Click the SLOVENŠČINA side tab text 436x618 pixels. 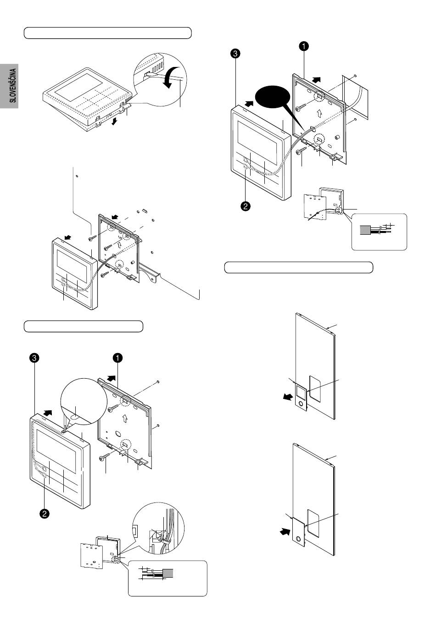coord(13,86)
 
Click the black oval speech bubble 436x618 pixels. coord(273,98)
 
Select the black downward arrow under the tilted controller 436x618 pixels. coord(114,121)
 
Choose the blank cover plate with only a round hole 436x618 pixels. coord(298,532)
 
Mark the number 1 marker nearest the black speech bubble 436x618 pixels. coord(303,46)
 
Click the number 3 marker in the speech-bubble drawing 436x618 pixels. coord(235,54)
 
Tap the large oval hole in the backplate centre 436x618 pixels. coord(118,434)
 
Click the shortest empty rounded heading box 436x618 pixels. coord(84,326)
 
